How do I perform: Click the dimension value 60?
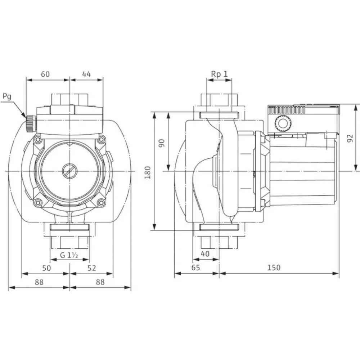point(45,74)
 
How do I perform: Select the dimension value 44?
point(86,74)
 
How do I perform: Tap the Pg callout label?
point(7,96)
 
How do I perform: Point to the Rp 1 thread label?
point(219,74)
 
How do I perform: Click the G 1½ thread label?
point(69,255)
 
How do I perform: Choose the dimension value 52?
point(92,268)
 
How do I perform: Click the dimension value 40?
point(205,254)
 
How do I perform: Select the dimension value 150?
point(274,268)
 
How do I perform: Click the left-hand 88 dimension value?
point(39,283)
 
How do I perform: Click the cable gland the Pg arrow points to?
point(30,123)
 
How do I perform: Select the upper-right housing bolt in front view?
point(101,139)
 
